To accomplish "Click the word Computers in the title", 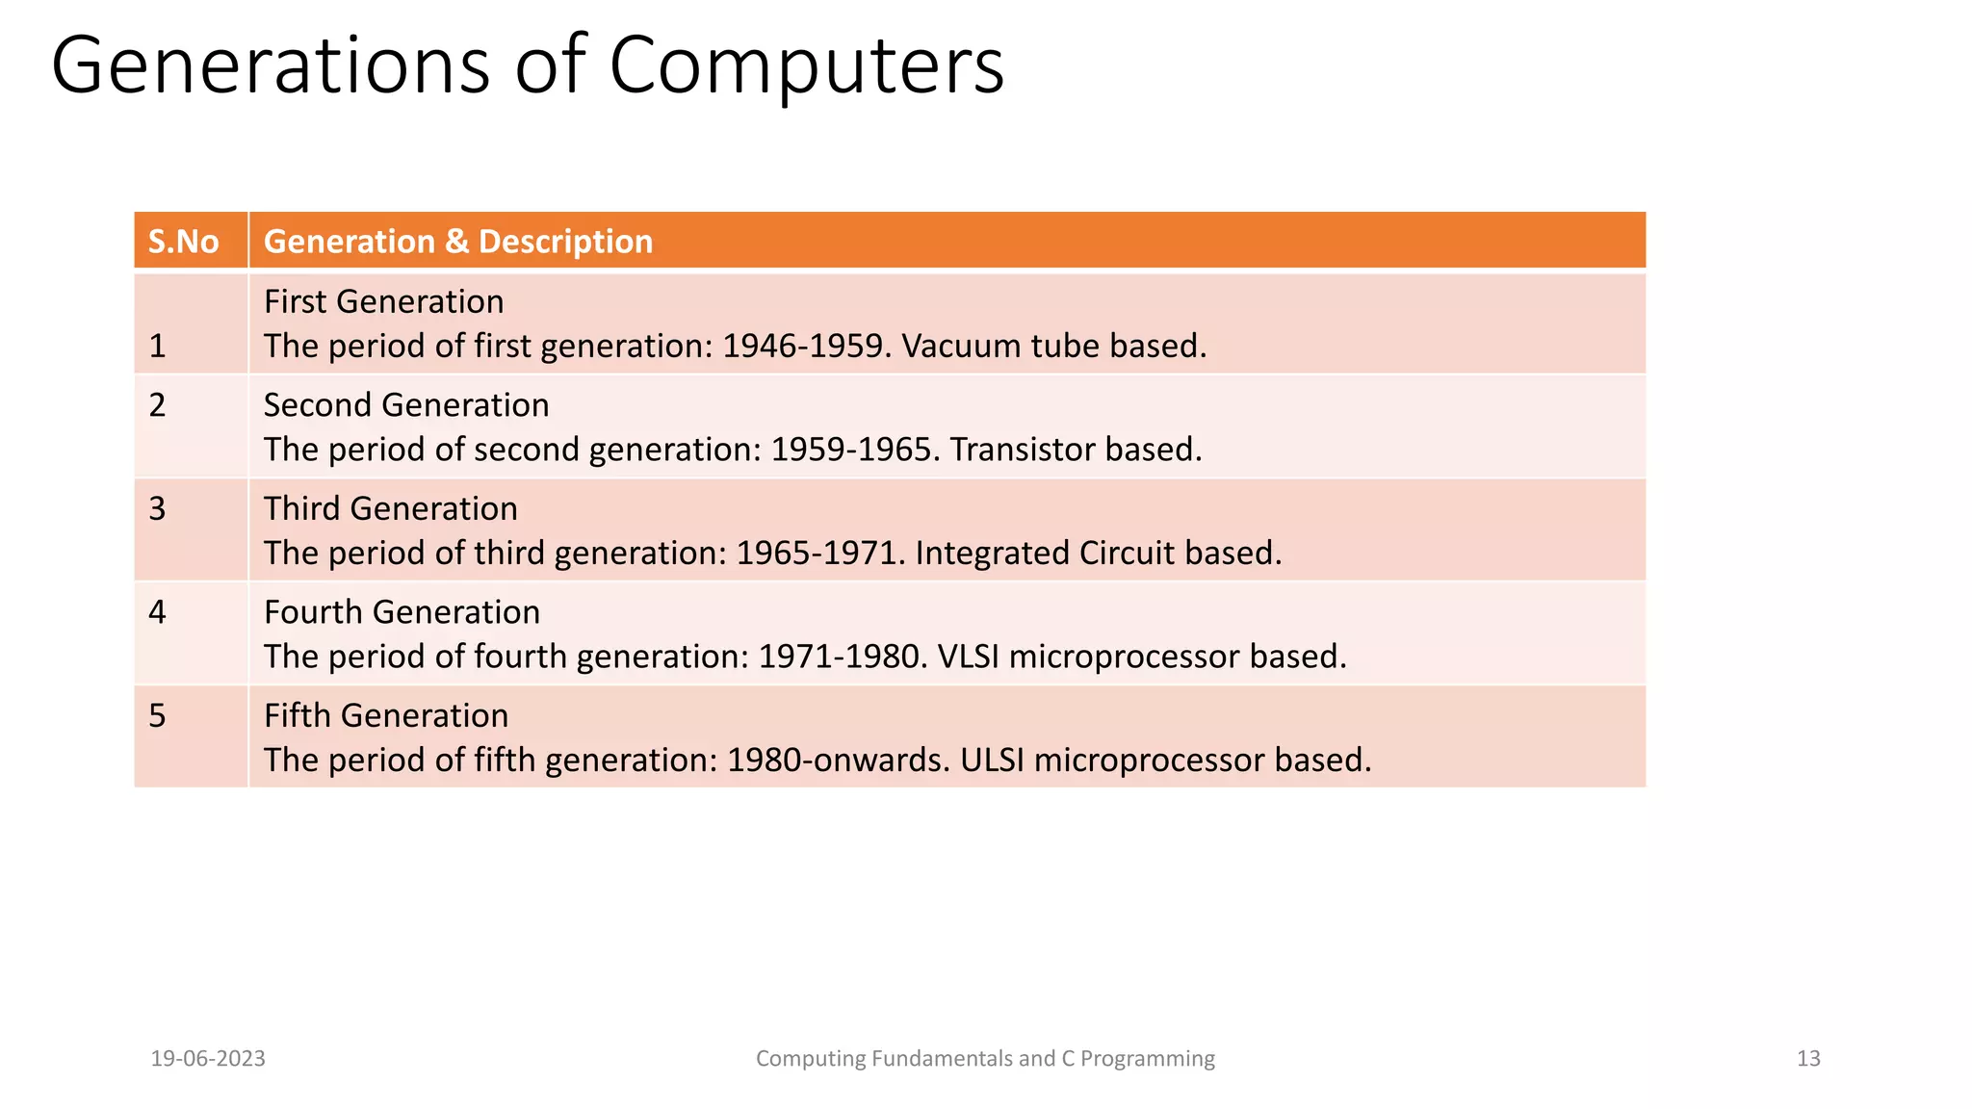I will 806,65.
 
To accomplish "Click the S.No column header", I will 183,241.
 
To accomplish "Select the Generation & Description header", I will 457,241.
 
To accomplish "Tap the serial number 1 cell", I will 158,346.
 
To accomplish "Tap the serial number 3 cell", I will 158,508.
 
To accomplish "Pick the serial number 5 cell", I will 158,715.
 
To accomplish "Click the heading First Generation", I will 383,301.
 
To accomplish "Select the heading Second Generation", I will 405,404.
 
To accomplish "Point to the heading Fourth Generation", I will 402,611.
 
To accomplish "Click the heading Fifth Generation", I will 385,715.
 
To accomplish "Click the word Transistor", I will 1022,450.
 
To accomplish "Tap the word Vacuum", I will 961,346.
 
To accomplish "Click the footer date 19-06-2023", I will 208,1059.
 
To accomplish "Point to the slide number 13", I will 1808,1059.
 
